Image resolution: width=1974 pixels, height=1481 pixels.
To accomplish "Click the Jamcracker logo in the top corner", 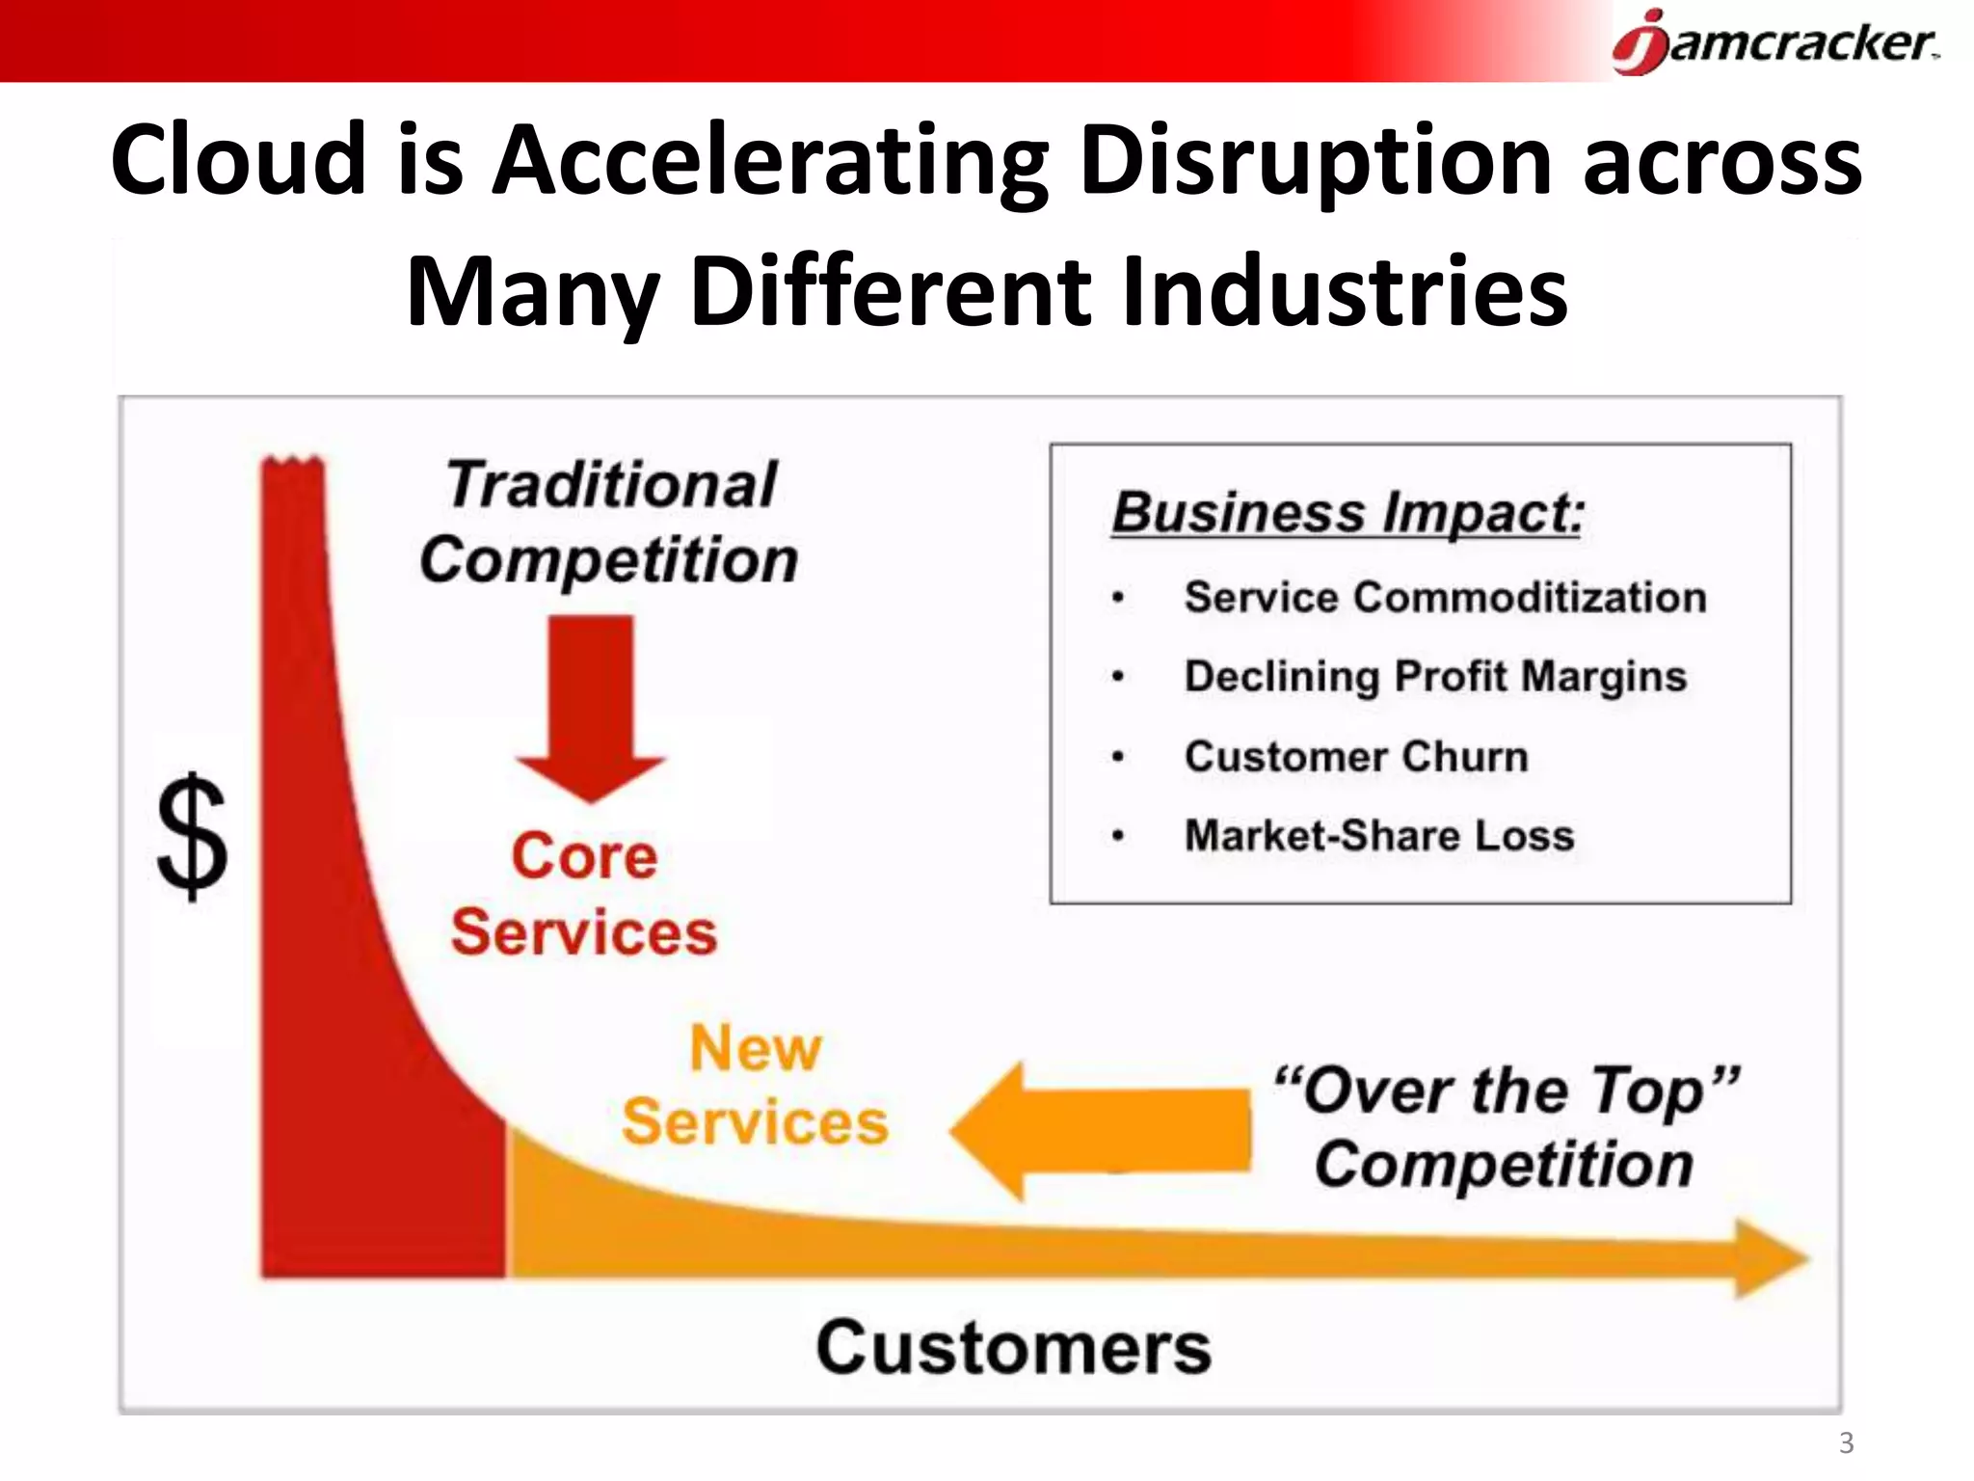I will tap(1774, 42).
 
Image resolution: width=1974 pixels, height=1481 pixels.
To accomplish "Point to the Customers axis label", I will tap(1013, 1347).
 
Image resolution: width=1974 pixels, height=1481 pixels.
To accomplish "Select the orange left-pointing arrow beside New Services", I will tap(1099, 1130).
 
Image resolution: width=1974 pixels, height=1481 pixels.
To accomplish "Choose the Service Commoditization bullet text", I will tap(1445, 597).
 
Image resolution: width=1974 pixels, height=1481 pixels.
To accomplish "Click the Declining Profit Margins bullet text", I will tap(1435, 676).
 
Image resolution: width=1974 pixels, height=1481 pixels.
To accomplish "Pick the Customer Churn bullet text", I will tap(1356, 756).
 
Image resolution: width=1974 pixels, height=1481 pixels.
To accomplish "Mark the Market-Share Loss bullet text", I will tap(1379, 835).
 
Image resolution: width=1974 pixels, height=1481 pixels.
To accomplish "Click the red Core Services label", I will tap(584, 894).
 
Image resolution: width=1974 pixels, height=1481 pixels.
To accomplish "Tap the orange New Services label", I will tap(755, 1085).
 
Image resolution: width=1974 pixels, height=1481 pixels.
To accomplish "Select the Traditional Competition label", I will tap(609, 522).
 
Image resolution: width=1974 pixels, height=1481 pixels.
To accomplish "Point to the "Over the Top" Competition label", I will tap(1506, 1127).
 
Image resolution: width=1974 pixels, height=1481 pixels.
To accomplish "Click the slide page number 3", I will tap(1846, 1443).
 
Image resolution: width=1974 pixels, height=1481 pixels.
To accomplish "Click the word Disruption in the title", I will tap(1315, 159).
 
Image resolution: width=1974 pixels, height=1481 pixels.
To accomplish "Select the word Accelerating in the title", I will tap(771, 159).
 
